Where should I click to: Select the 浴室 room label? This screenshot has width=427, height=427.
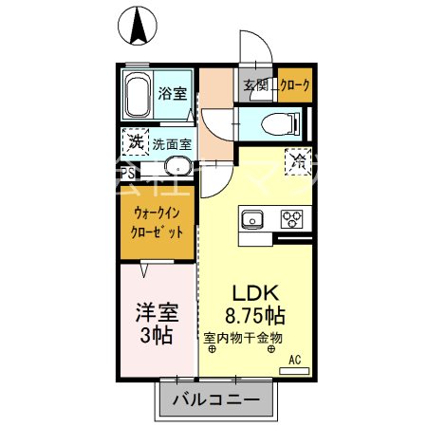(173, 96)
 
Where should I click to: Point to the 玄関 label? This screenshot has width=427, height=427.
(255, 86)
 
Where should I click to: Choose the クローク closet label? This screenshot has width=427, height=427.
(290, 86)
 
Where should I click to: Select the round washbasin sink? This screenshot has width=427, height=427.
(176, 169)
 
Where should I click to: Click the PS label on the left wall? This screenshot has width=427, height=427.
(127, 173)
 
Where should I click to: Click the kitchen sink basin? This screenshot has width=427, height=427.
(253, 220)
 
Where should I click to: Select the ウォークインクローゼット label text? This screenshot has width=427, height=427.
(156, 222)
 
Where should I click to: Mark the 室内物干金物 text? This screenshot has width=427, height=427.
(245, 337)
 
